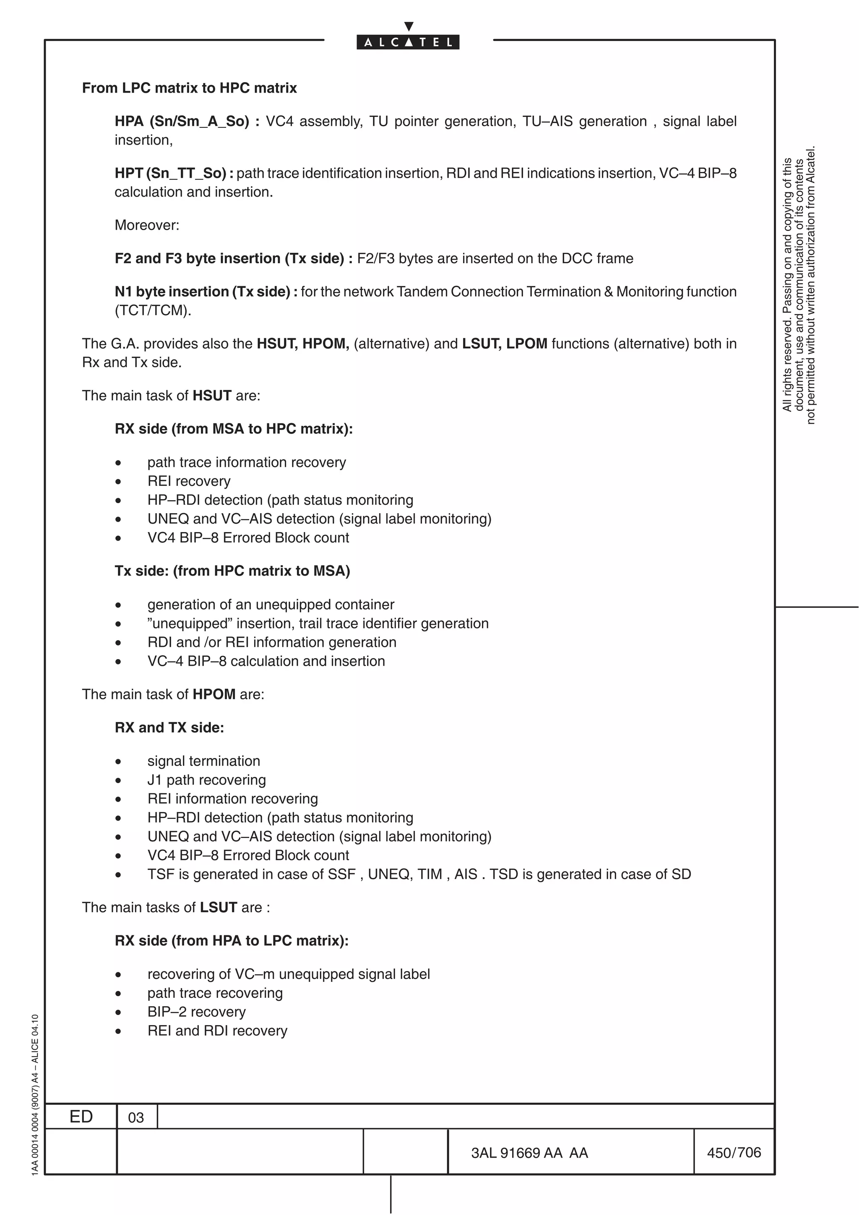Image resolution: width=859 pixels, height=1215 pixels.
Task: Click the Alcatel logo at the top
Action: [408, 42]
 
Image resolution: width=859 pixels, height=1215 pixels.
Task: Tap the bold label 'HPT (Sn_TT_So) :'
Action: [174, 173]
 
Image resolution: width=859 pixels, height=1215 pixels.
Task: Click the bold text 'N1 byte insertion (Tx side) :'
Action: [206, 291]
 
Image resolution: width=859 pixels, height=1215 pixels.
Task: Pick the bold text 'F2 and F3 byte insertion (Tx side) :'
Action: [233, 258]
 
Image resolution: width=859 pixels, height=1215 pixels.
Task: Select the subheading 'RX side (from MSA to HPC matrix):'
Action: [233, 428]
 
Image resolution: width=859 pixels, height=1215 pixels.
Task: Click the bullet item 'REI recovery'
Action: [188, 481]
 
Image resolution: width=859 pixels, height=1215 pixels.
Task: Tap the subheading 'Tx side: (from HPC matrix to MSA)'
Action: [232, 571]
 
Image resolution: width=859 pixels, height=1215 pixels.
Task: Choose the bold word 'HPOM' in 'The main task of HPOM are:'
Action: [213, 694]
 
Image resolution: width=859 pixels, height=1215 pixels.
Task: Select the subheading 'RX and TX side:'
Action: [169, 728]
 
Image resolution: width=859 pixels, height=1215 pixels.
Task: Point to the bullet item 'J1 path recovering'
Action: [206, 779]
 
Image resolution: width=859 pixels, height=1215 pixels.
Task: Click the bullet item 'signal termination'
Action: [203, 761]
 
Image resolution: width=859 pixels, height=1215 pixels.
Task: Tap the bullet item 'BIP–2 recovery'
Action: [196, 1012]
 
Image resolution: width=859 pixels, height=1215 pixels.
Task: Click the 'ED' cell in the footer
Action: [81, 1116]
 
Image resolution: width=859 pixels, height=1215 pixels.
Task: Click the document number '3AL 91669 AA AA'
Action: [529, 1153]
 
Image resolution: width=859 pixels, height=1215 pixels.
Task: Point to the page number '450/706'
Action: [734, 1152]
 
